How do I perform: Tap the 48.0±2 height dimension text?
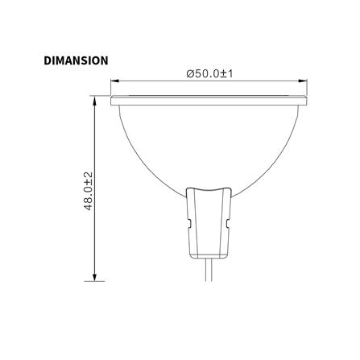pos(89,190)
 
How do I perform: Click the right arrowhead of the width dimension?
pos(308,81)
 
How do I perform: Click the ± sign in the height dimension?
pos(89,180)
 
